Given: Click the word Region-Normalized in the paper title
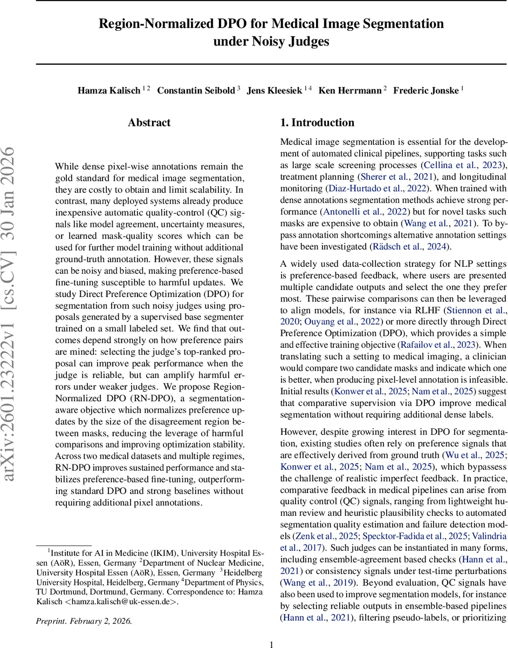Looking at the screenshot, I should pyautogui.click(x=152, y=24).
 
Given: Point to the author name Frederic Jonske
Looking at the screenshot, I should pyautogui.click(x=426, y=90).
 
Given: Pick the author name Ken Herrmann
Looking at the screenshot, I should pyautogui.click(x=349, y=90).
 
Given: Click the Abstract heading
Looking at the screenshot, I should pyautogui.click(x=149, y=123).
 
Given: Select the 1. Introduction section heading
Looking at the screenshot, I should pyautogui.click(x=317, y=123).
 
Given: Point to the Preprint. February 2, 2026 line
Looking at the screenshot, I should pyautogui.click(x=84, y=620).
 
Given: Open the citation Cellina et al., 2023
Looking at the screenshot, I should pyautogui.click(x=467, y=165).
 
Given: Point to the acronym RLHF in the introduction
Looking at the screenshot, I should pyautogui.click(x=425, y=310).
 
